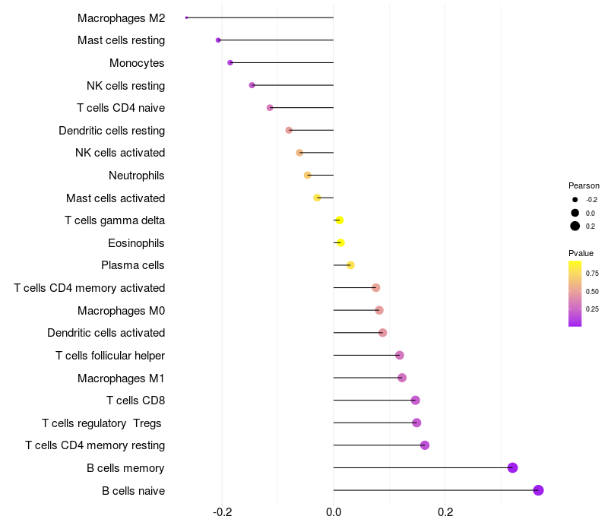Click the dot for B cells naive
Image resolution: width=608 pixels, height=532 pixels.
click(538, 490)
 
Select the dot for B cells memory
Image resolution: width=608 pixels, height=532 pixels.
click(512, 467)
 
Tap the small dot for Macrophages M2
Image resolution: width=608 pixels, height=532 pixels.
click(186, 17)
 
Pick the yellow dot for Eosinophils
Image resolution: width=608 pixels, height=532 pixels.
click(340, 242)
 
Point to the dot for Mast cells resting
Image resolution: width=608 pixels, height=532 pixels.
click(218, 40)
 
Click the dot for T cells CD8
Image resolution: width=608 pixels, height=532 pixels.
click(415, 401)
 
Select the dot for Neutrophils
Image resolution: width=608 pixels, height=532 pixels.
click(307, 176)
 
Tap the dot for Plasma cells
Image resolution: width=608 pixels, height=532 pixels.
click(350, 265)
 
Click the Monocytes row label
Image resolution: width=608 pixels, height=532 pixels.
click(137, 63)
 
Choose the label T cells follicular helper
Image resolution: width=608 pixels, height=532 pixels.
click(110, 356)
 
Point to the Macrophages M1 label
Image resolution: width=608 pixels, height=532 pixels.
click(121, 378)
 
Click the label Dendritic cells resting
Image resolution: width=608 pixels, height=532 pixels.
click(112, 131)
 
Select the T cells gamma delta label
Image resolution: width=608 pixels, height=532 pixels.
click(115, 220)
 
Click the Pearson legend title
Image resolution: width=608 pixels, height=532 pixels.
click(584, 185)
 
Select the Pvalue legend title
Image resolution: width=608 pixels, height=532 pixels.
click(581, 253)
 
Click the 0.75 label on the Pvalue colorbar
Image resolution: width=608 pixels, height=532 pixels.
click(592, 273)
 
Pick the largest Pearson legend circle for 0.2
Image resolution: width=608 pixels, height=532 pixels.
click(575, 226)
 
